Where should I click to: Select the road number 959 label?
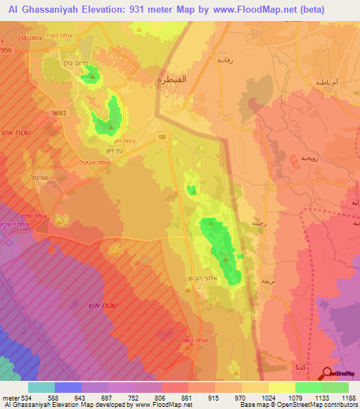click(6, 51)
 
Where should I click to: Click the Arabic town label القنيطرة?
click(169, 81)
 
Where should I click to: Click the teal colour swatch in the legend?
click(41, 387)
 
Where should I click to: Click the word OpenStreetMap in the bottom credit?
click(295, 405)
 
